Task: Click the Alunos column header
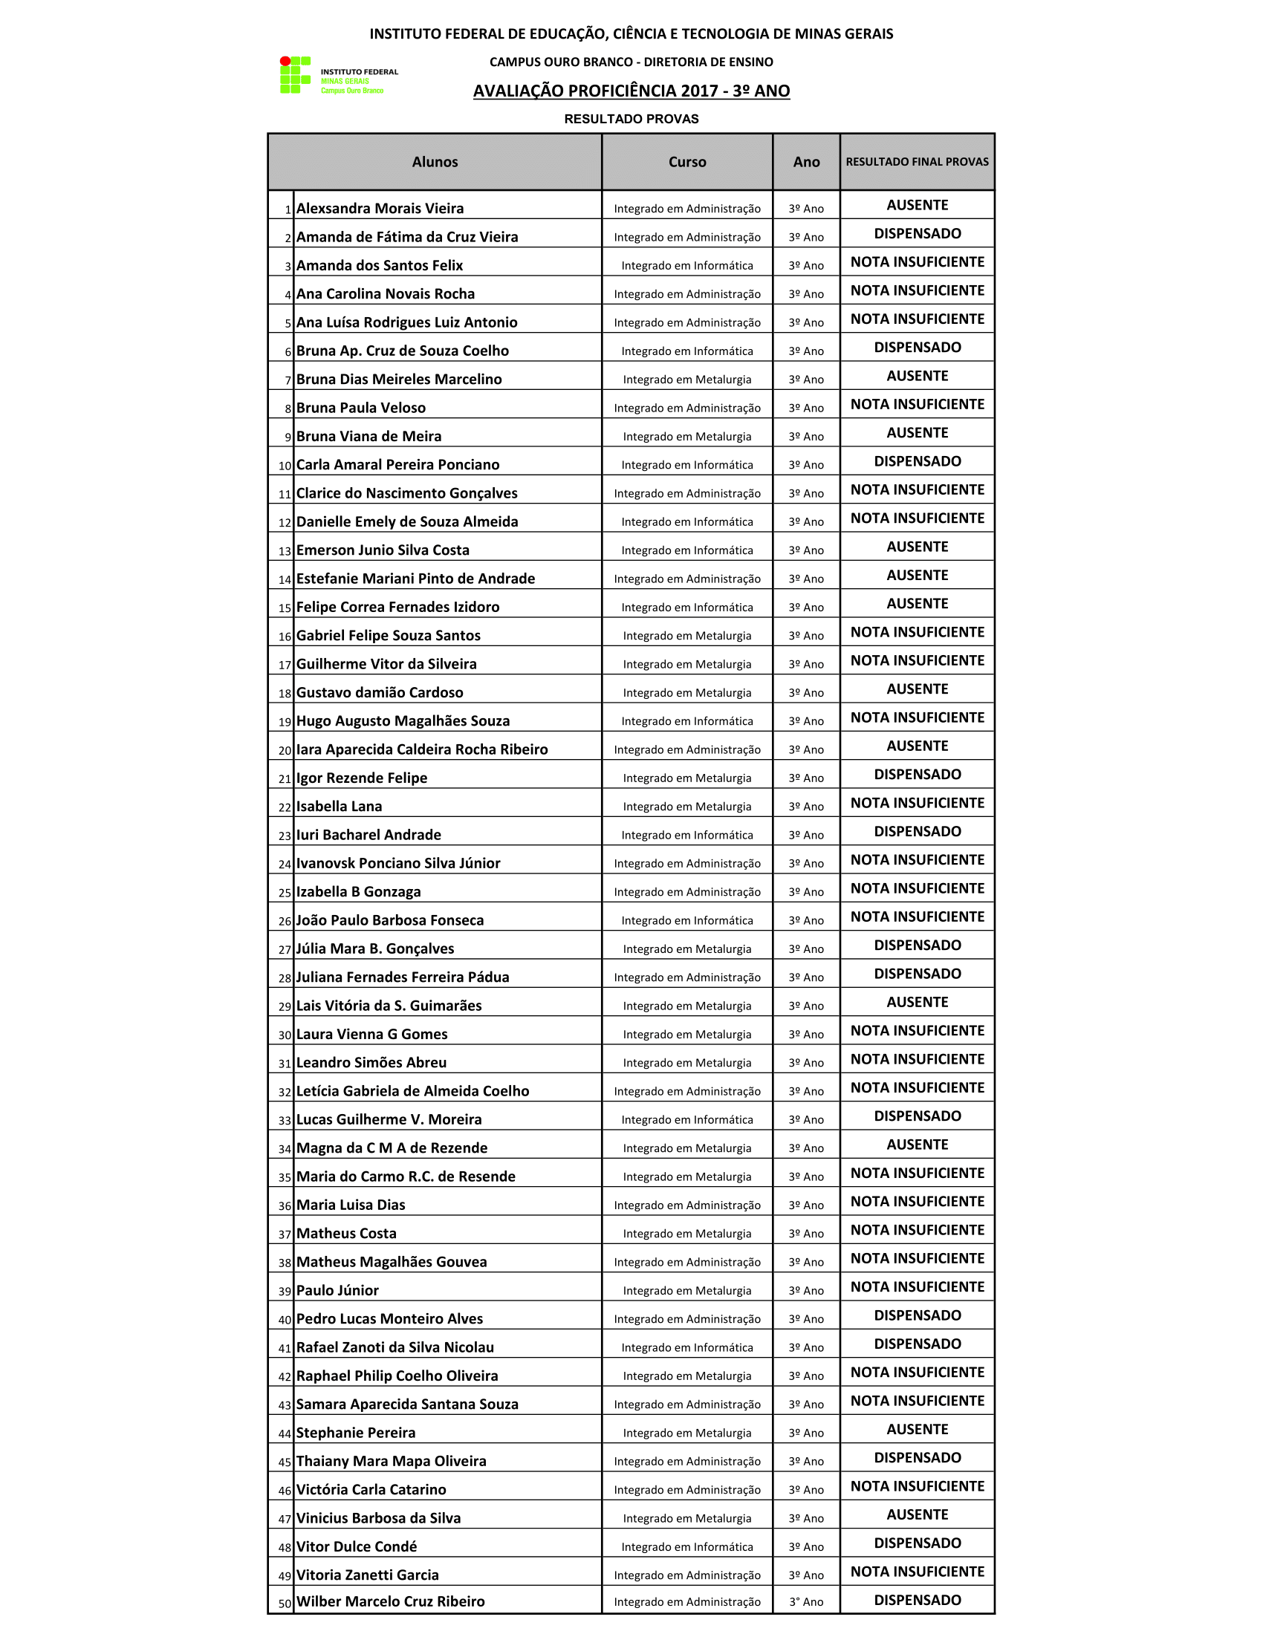coord(435,163)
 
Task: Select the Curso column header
coord(687,163)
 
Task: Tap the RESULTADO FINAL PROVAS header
coord(917,162)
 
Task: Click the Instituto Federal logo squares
coord(295,75)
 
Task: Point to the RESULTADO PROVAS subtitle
coord(631,119)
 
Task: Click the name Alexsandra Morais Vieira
coord(380,209)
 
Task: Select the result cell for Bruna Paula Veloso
coord(917,405)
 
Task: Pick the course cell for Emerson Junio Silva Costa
coord(687,550)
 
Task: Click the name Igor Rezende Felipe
coord(361,778)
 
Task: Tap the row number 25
coord(285,893)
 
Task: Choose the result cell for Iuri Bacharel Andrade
coord(917,832)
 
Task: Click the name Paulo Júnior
coord(337,1291)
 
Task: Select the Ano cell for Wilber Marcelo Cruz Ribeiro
coord(806,1602)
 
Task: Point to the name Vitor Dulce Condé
coord(356,1546)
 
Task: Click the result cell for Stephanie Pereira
coord(917,1430)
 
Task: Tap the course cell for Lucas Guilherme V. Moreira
coord(687,1120)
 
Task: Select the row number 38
coord(285,1263)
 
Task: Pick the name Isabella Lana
coord(339,807)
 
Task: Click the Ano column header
coord(806,163)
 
